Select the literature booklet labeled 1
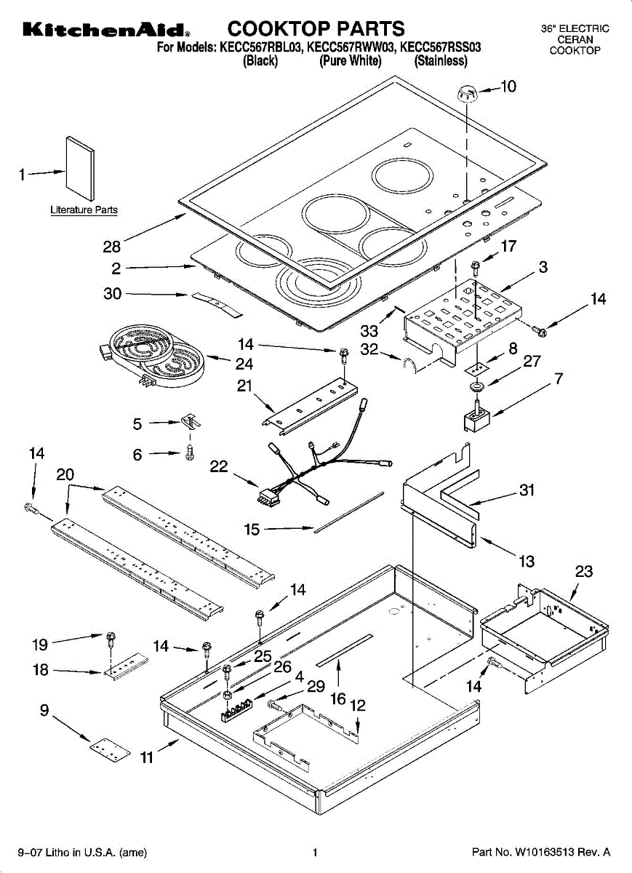point(80,168)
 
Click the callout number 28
point(112,247)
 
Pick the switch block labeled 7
point(477,418)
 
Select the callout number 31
point(527,490)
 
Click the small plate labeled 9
point(110,749)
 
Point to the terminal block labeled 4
point(236,710)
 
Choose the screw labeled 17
point(475,268)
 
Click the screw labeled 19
point(111,639)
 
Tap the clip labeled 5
point(191,421)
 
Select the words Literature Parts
point(84,210)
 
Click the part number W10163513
point(545,852)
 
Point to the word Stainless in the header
point(441,61)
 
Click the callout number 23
point(584,572)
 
